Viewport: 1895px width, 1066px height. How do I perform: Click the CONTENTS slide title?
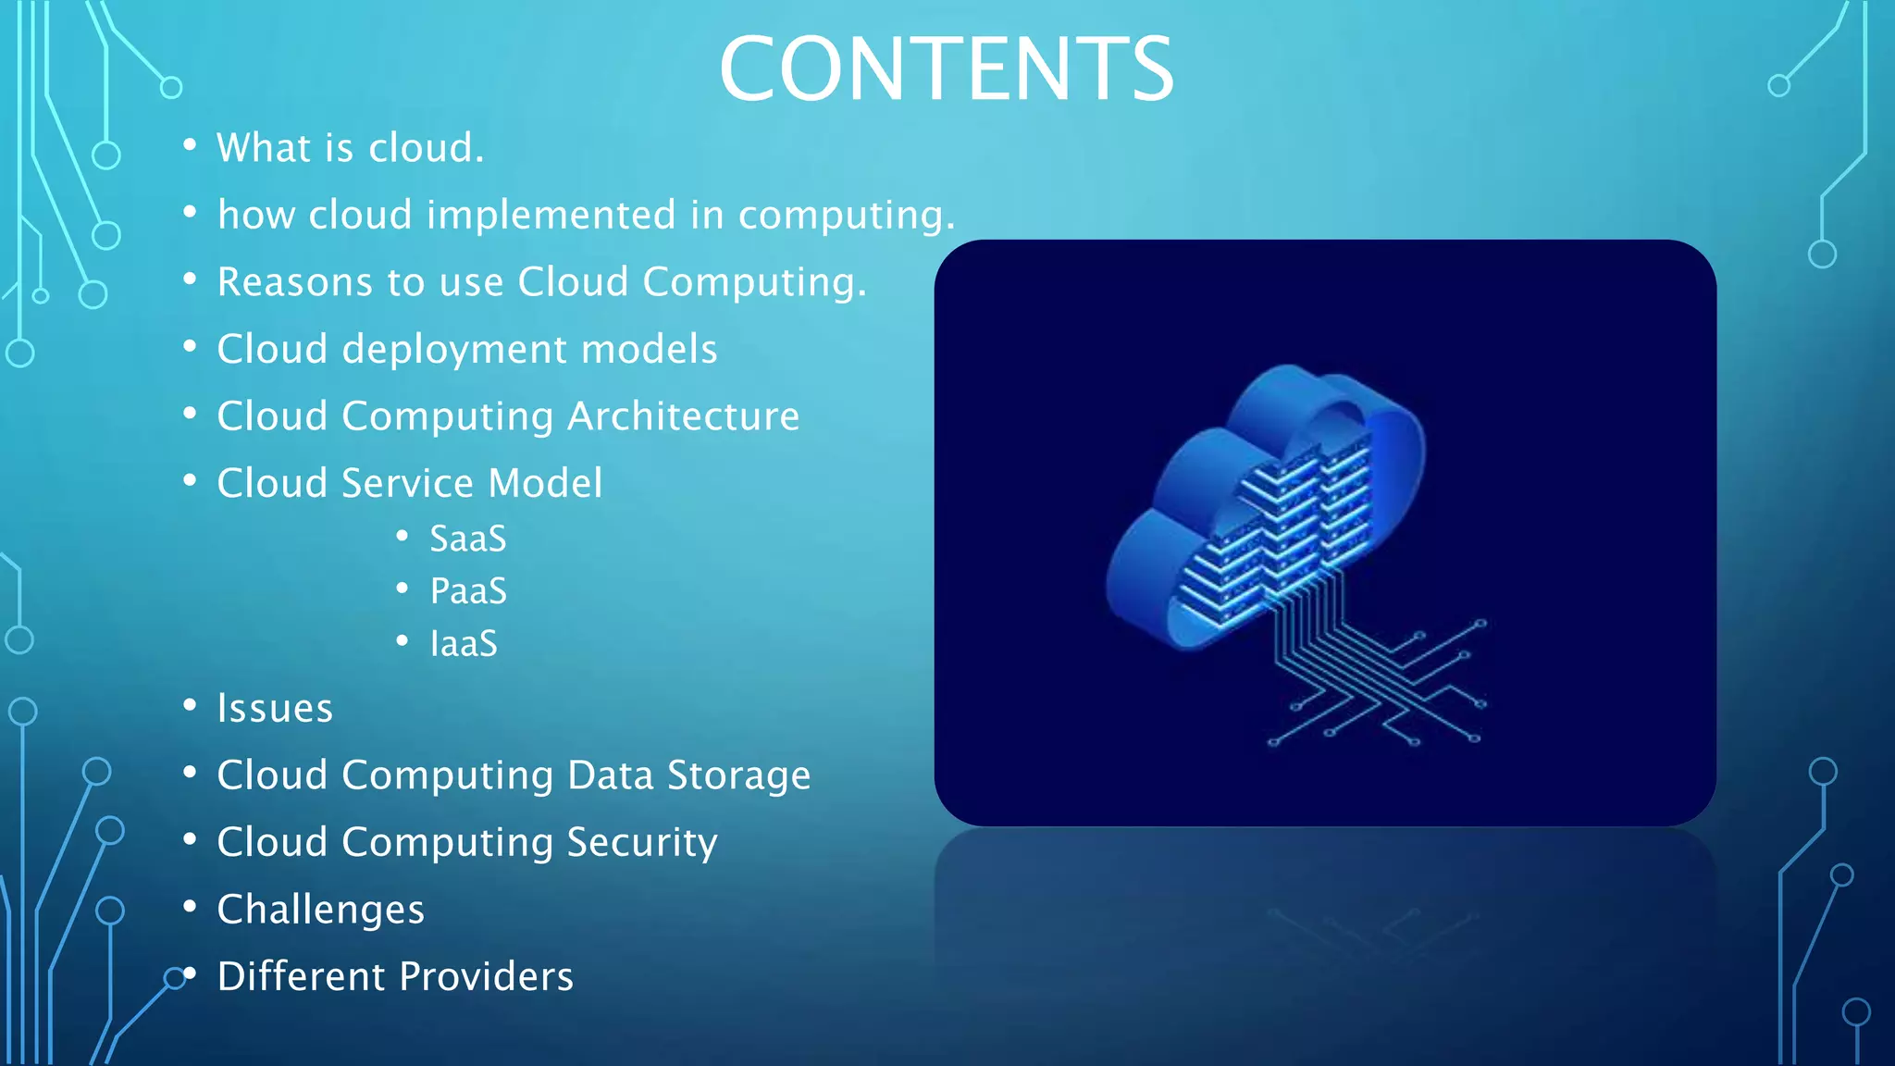point(946,69)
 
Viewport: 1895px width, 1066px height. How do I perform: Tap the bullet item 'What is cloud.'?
point(350,148)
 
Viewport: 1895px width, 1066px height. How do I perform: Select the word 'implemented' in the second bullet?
point(551,216)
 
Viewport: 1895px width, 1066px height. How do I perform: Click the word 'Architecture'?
point(683,416)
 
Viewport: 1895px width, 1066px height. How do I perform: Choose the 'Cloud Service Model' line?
point(409,483)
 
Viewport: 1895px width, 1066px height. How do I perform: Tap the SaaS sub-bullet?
point(467,539)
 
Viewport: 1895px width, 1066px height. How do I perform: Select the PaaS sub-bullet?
point(468,591)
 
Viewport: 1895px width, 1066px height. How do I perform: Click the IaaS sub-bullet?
point(464,644)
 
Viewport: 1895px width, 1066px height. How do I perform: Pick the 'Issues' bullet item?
point(275,709)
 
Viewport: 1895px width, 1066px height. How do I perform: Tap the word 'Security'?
point(641,843)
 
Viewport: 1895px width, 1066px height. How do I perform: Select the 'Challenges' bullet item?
point(320,910)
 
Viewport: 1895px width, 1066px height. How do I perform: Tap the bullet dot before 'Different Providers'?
point(190,973)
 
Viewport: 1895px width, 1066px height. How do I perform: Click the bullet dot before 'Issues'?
point(190,706)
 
